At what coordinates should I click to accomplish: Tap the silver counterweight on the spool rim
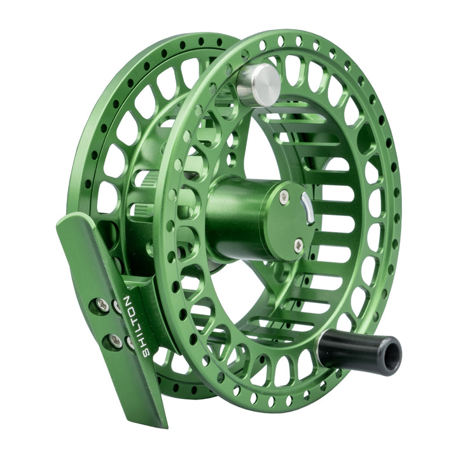click(x=258, y=84)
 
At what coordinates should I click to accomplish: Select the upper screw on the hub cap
click(x=284, y=197)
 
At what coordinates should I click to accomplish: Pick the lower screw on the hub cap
click(x=298, y=245)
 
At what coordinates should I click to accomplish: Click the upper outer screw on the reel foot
click(x=102, y=305)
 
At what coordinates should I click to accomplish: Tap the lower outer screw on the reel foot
click(x=115, y=342)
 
